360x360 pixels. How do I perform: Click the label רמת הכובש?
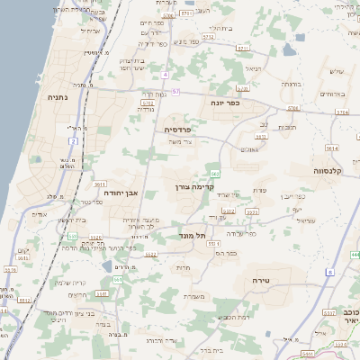pos(229,316)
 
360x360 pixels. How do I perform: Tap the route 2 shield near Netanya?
pos(73,141)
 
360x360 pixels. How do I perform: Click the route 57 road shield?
pos(176,92)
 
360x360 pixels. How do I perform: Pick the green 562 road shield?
pos(213,173)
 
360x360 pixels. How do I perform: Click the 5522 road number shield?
pos(151,255)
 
